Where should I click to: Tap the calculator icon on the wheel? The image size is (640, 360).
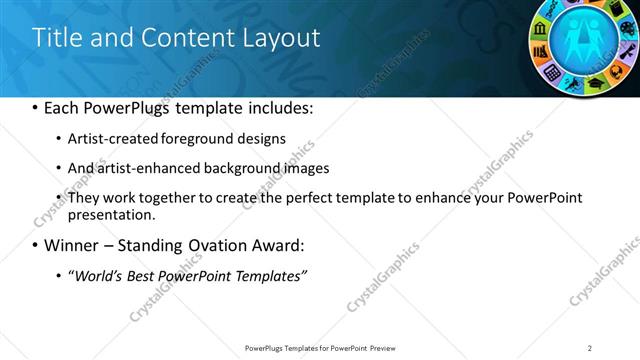tap(552, 71)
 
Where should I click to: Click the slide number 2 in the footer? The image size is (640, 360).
tap(590, 347)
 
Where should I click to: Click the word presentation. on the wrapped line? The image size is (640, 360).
tap(112, 214)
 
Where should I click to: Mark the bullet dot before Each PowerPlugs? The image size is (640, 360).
tap(36, 108)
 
